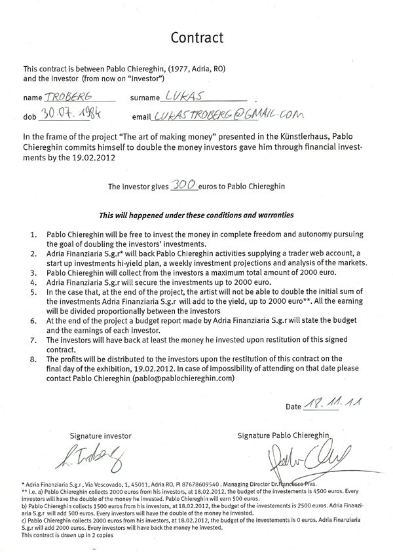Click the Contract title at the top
pos(196,37)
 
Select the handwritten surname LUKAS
pos(187,96)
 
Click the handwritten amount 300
pos(184,186)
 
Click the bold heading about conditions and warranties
pos(196,215)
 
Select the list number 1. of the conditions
pos(33,234)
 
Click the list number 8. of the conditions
pos(33,359)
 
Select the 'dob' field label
pos(29,116)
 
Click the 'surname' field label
pos(145,98)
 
